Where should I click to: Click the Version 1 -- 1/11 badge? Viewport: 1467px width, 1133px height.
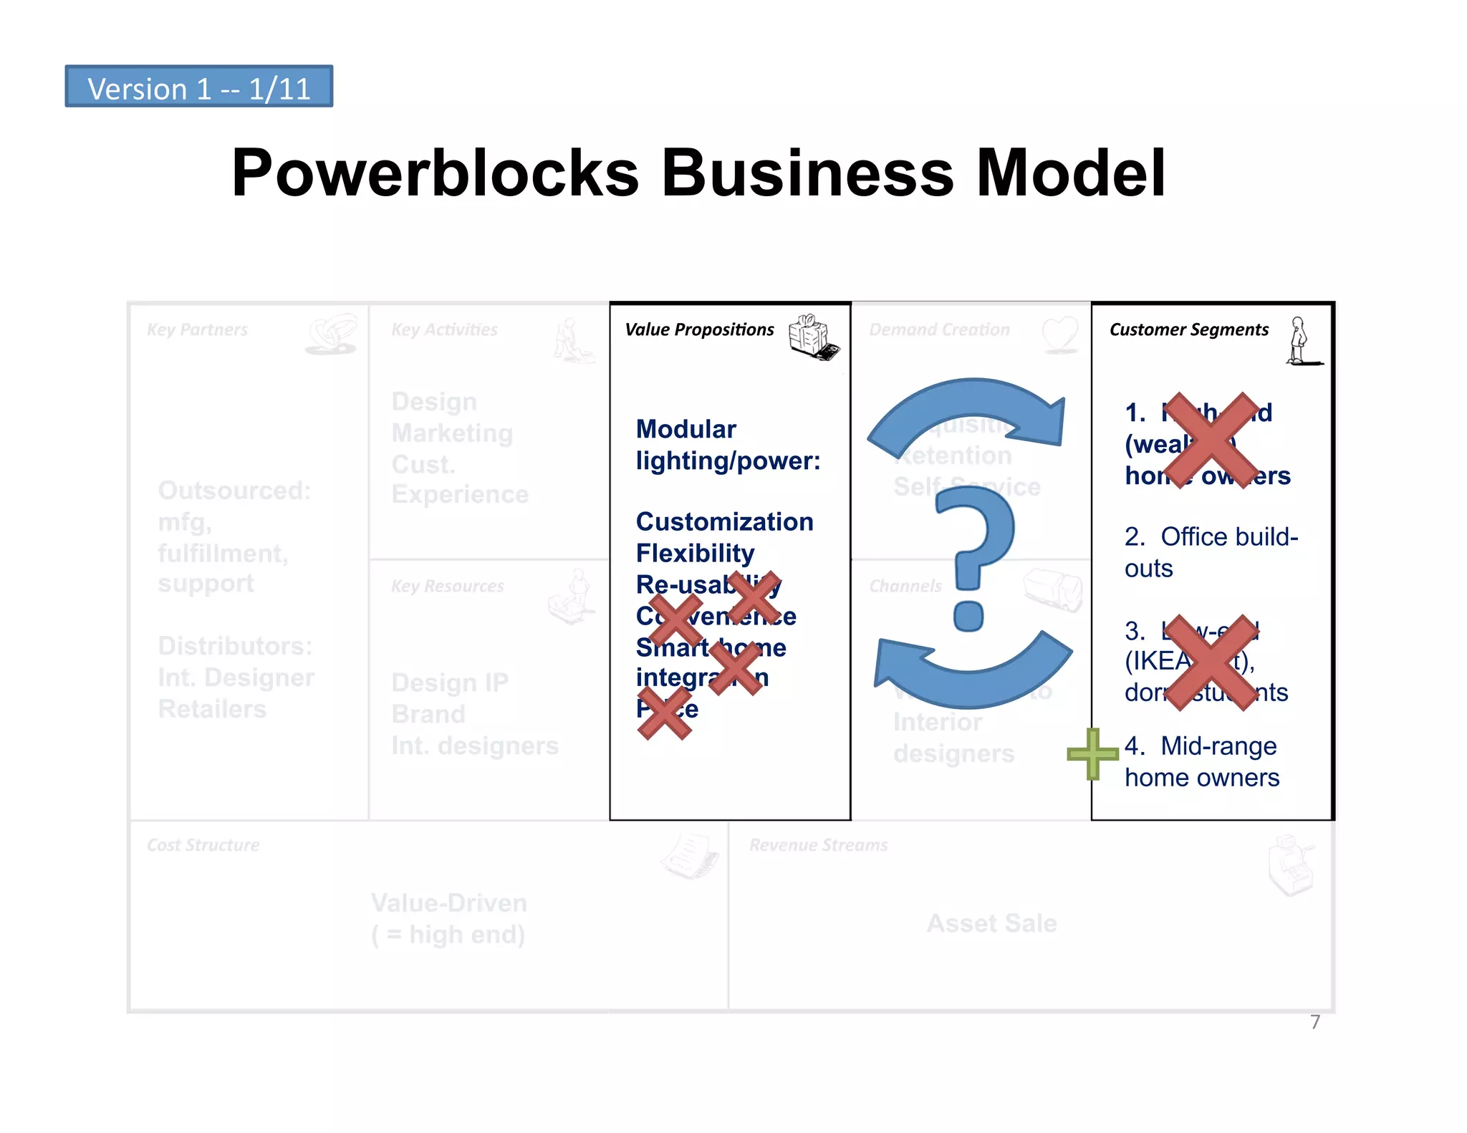(198, 87)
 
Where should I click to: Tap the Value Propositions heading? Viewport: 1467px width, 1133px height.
(699, 329)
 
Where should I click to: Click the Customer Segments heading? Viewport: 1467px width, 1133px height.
(1188, 329)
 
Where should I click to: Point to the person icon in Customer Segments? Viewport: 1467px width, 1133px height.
(1299, 342)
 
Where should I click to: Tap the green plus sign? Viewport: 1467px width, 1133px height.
(1092, 753)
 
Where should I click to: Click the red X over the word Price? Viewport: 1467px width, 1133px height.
(665, 713)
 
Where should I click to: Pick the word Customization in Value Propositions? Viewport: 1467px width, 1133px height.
(724, 521)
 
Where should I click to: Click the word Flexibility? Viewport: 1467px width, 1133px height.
(695, 553)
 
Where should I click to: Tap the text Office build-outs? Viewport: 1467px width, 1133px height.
(1210, 551)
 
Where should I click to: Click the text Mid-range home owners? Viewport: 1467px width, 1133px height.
(1201, 761)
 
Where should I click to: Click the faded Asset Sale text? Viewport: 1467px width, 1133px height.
(991, 923)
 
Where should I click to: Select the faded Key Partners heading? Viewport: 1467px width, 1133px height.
(197, 329)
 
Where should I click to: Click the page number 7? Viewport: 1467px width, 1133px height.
(1315, 1022)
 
